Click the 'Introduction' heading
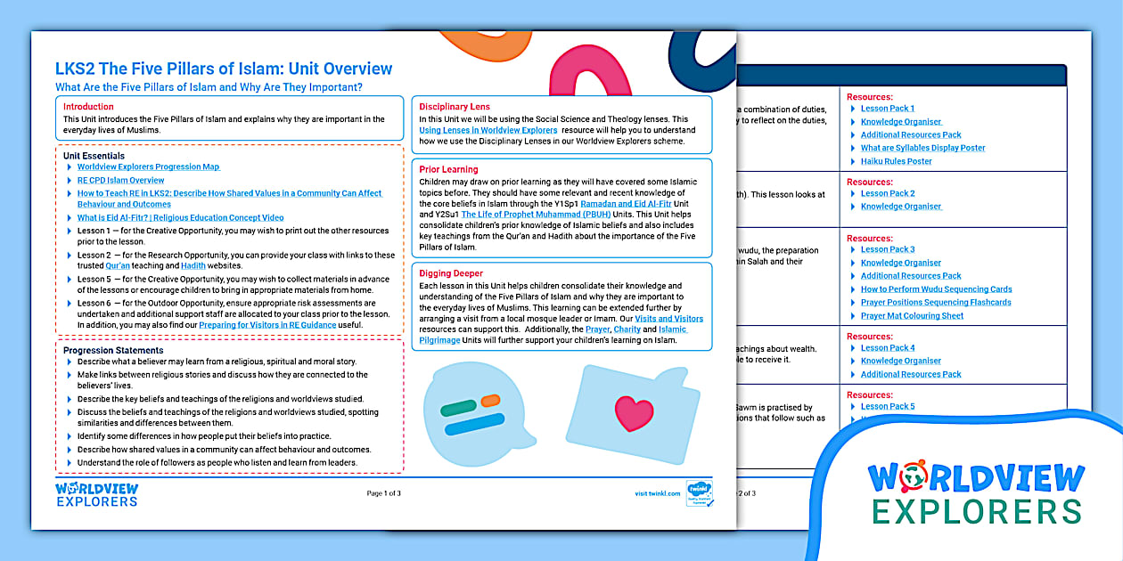coord(88,107)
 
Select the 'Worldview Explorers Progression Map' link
coord(148,167)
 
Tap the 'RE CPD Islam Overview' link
coord(120,180)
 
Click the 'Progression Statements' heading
coord(113,350)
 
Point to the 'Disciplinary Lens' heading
coord(455,107)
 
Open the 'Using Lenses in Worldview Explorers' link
coord(488,130)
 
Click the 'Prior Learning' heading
coord(448,169)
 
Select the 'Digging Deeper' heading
coord(451,273)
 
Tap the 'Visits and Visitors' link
coord(668,318)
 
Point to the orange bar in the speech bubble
coord(489,401)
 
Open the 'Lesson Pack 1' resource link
coord(888,109)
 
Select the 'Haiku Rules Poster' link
coord(897,161)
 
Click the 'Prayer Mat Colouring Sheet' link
coord(912,315)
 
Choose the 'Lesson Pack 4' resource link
coord(888,348)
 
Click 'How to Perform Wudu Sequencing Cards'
coord(936,289)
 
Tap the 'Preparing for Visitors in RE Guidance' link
coord(267,325)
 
